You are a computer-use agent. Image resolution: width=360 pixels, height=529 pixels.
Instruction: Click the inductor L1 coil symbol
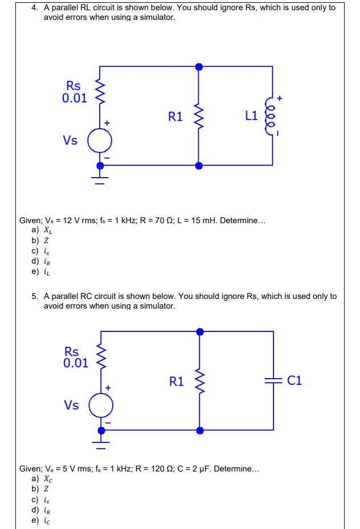272,116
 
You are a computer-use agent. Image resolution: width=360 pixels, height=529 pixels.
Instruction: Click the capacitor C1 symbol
273,381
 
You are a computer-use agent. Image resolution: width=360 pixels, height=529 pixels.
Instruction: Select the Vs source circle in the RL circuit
100,140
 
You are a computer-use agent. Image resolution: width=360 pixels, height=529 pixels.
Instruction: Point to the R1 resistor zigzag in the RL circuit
198,116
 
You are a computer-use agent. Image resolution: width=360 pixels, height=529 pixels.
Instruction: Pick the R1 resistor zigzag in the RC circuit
199,381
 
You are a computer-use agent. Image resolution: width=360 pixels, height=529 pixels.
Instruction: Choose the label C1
295,381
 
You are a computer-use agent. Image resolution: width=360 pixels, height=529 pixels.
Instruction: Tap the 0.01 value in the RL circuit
75,98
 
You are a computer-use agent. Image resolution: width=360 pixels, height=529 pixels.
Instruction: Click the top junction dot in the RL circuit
198,67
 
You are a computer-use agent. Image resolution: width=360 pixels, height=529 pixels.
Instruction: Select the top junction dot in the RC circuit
199,331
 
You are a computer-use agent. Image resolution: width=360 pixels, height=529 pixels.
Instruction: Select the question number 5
35,296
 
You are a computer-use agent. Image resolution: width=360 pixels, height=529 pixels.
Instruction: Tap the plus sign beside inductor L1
280,99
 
